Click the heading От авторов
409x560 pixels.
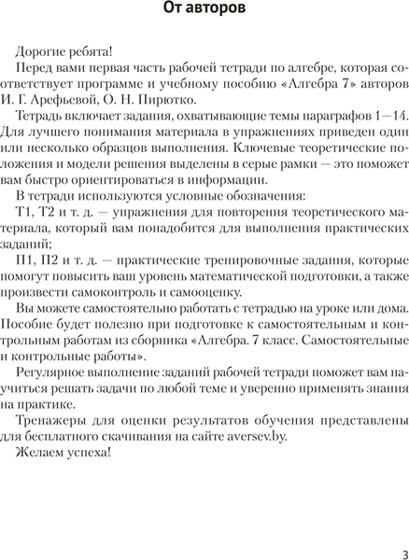(x=204, y=10)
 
